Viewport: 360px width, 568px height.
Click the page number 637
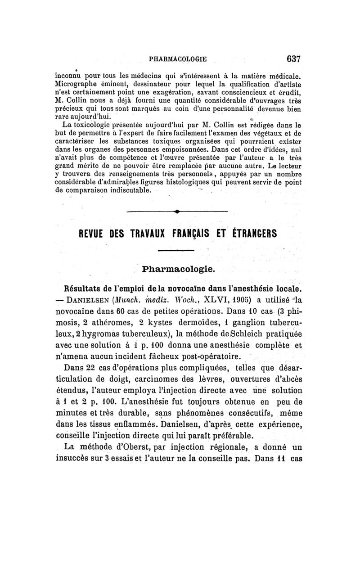coord(292,59)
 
